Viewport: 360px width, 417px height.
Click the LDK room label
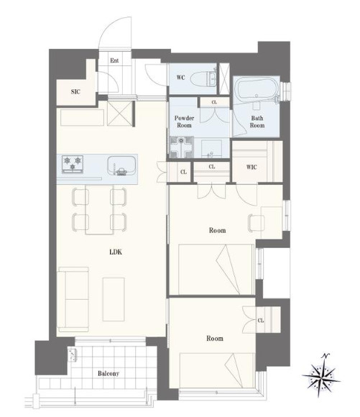tap(116, 252)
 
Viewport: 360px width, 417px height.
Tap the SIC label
tap(75, 92)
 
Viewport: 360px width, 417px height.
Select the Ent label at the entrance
tap(114, 60)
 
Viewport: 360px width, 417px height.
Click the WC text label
tap(180, 78)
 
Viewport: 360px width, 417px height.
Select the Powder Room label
tap(184, 122)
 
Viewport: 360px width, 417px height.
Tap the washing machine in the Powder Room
tap(181, 147)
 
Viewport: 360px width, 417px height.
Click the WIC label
tap(251, 167)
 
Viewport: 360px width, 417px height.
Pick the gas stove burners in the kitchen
tap(73, 164)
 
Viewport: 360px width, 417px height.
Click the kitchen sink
tap(121, 165)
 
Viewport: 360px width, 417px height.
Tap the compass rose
tap(322, 375)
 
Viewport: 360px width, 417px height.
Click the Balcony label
tap(109, 373)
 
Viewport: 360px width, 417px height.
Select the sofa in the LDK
tap(73, 300)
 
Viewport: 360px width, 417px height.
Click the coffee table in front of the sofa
tap(114, 299)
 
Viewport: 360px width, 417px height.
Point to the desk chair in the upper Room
tap(256, 223)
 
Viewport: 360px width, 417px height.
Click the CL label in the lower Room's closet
tap(261, 321)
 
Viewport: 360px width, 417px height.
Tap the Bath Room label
tap(257, 122)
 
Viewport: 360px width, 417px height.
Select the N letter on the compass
tap(326, 356)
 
